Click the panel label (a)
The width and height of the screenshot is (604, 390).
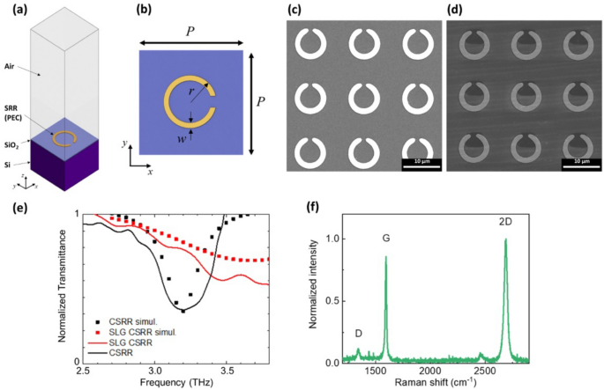pyautogui.click(x=14, y=11)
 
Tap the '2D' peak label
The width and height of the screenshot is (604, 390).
pyautogui.click(x=504, y=220)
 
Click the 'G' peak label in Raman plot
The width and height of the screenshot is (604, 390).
pyautogui.click(x=385, y=239)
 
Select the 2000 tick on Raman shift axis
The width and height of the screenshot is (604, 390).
pyautogui.click(x=431, y=374)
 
